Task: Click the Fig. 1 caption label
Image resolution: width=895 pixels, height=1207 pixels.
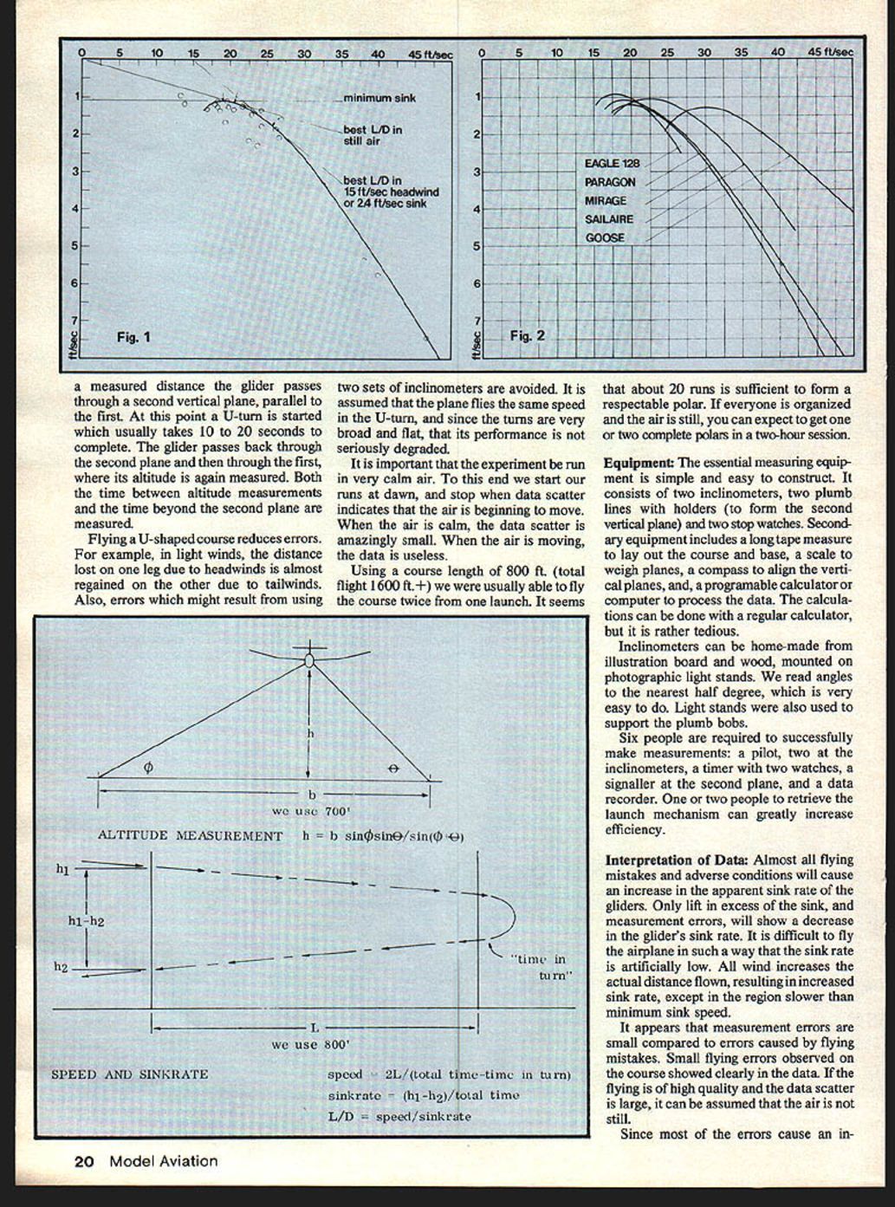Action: pyautogui.click(x=133, y=337)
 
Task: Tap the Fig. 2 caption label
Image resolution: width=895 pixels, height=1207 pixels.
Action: pyautogui.click(x=527, y=335)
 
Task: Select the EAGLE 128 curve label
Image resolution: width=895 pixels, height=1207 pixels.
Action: pyautogui.click(x=613, y=164)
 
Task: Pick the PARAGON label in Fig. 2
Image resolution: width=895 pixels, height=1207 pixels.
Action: pyautogui.click(x=610, y=183)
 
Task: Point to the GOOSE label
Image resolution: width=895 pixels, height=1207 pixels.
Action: pyautogui.click(x=605, y=237)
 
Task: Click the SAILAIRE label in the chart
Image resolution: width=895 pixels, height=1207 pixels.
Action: pyautogui.click(x=609, y=219)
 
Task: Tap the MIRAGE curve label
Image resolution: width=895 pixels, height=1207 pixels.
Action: pyautogui.click(x=606, y=201)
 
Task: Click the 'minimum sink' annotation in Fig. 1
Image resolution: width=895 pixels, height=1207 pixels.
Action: pyautogui.click(x=379, y=99)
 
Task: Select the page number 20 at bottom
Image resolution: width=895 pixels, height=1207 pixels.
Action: pyautogui.click(x=83, y=1161)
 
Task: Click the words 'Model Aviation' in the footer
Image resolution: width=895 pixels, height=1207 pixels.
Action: pyautogui.click(x=163, y=1161)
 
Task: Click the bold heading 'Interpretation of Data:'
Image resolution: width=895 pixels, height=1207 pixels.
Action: pyautogui.click(x=677, y=860)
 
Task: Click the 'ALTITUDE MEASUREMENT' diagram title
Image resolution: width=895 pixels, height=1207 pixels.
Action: pyautogui.click(x=190, y=836)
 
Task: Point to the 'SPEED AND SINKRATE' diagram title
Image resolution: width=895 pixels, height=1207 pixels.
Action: pyautogui.click(x=130, y=1074)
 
